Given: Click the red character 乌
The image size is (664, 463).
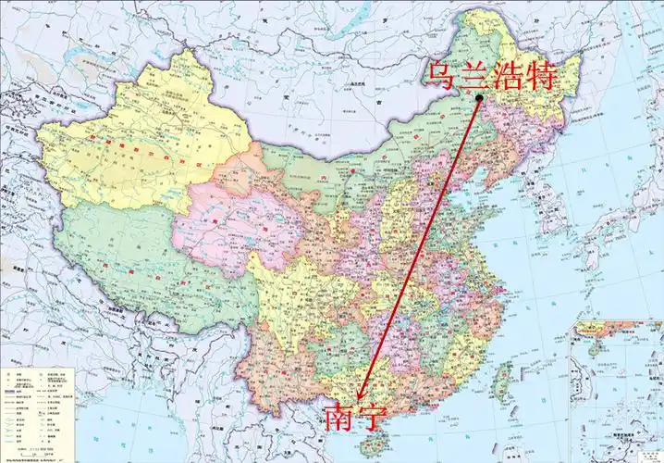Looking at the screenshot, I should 439,76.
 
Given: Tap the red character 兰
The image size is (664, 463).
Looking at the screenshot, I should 472,76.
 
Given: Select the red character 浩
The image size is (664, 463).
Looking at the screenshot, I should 505,76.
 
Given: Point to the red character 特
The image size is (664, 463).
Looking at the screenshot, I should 540,76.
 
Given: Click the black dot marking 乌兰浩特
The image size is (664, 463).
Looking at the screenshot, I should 479,98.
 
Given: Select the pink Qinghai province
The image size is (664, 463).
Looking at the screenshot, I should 231,222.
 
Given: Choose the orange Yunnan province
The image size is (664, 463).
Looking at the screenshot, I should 277,370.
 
